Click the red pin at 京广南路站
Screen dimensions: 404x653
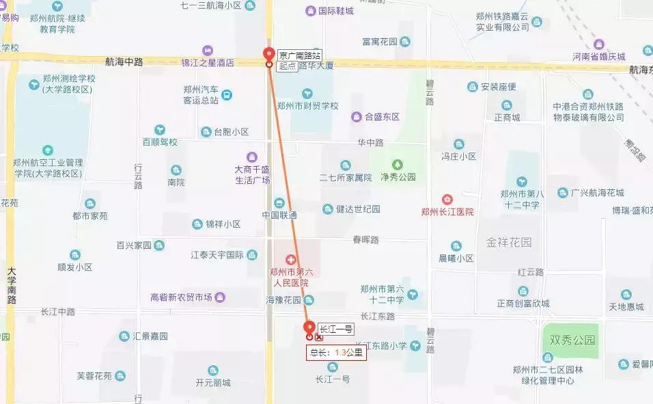(x=268, y=55)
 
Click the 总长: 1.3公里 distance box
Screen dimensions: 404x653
(x=336, y=353)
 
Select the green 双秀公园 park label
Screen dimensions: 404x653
(x=570, y=340)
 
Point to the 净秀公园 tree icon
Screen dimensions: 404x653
(x=396, y=164)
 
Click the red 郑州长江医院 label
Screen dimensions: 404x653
(x=447, y=212)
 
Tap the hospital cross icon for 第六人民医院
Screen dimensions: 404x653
(x=290, y=260)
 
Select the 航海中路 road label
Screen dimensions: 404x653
(x=124, y=62)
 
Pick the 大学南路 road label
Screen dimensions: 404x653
(x=12, y=286)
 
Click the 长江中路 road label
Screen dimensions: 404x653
(x=57, y=312)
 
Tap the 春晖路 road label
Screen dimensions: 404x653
(x=365, y=240)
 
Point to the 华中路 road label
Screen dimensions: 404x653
(x=371, y=143)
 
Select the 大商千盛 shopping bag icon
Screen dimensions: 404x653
(x=252, y=157)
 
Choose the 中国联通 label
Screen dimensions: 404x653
(x=279, y=215)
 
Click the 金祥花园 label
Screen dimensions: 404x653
(x=509, y=242)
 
